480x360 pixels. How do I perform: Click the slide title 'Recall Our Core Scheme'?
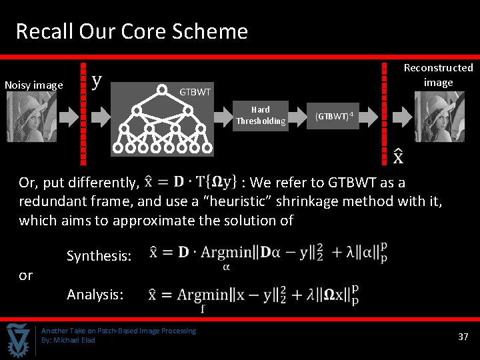tap(131, 31)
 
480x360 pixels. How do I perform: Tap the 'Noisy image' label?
tap(34, 85)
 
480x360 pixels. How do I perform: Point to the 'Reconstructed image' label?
tap(438, 75)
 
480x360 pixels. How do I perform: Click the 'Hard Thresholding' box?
tap(261, 115)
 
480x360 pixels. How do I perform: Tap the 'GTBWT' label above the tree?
tap(195, 91)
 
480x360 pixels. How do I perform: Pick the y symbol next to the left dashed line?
tap(97, 81)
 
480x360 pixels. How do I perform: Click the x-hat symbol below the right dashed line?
tap(397, 156)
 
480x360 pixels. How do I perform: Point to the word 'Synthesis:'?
tap(99, 255)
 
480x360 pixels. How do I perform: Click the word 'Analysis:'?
tap(95, 293)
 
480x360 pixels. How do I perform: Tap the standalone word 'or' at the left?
tap(26, 275)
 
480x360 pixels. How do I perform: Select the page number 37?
tap(463, 337)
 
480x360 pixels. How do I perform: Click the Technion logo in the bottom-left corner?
tap(18, 340)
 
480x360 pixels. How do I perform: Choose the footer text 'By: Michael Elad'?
tap(68, 340)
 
